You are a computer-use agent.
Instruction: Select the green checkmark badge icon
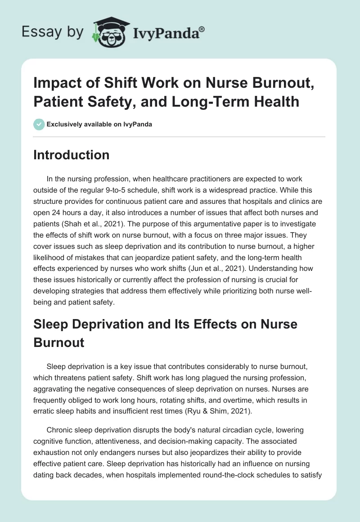[39, 124]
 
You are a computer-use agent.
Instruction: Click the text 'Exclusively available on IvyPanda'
[99, 124]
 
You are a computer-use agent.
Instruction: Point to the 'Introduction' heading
[72, 155]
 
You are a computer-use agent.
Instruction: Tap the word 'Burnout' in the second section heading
[59, 342]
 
